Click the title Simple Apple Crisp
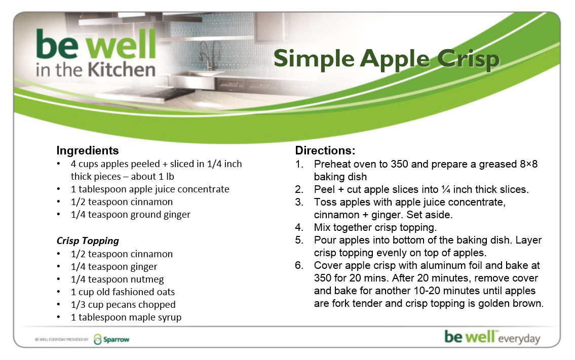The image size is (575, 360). (x=387, y=59)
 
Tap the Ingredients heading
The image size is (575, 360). (x=87, y=150)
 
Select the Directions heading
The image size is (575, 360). (x=325, y=150)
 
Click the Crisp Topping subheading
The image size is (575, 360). (x=88, y=241)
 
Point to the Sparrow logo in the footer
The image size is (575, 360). (x=111, y=339)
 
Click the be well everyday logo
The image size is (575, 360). (x=492, y=337)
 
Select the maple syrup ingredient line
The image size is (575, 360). (x=126, y=317)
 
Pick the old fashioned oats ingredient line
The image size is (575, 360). (x=123, y=292)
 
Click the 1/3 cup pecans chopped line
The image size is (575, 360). (x=123, y=305)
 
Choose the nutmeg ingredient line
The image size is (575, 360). (x=118, y=279)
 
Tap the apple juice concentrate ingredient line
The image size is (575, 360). (x=150, y=189)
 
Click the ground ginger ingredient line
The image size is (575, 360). (x=131, y=215)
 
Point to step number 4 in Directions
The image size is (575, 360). (x=299, y=227)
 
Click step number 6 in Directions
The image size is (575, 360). (x=299, y=265)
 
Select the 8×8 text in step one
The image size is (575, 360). (x=529, y=164)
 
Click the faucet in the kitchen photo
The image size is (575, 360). (x=209, y=55)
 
